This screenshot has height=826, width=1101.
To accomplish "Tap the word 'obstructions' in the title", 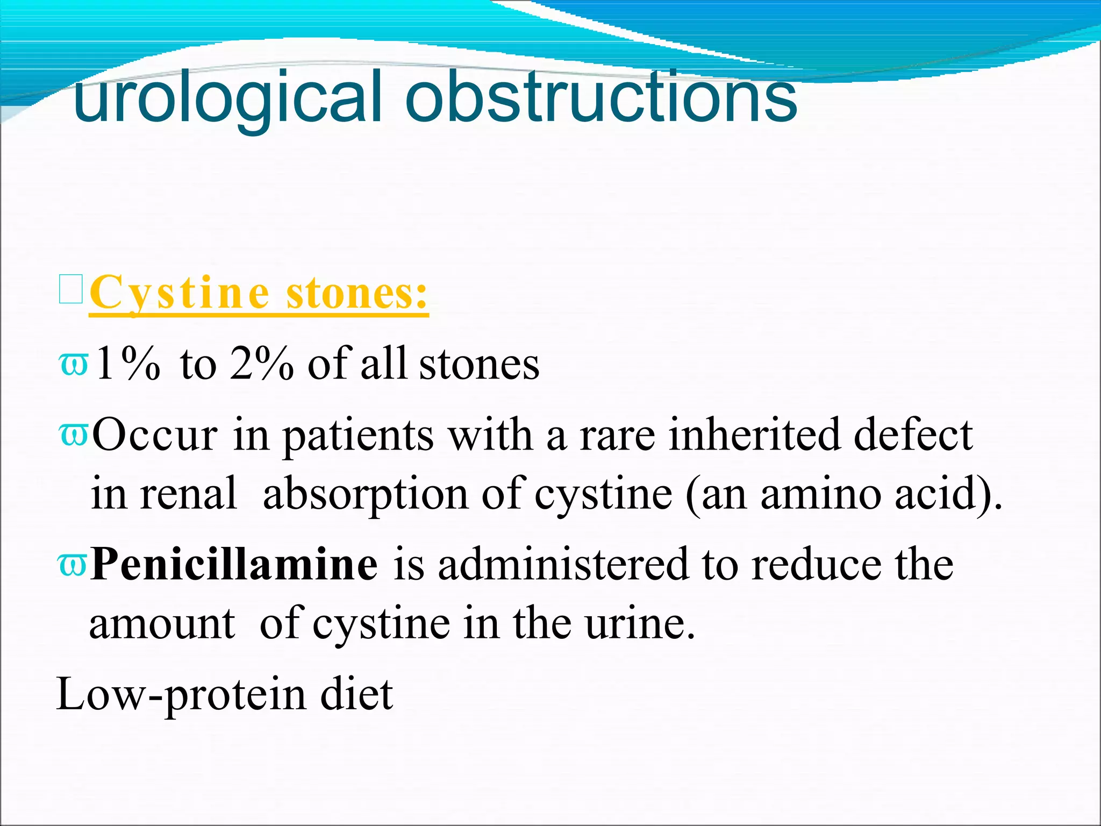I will (x=601, y=97).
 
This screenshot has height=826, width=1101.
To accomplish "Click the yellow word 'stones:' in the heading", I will (x=357, y=293).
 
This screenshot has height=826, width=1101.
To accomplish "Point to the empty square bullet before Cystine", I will (x=71, y=289).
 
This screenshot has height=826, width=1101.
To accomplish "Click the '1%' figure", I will (x=127, y=364).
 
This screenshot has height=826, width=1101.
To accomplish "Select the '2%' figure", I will (x=262, y=364).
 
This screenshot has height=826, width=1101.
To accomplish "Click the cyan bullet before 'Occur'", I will (x=73, y=435).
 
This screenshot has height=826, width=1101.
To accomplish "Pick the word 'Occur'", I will (x=155, y=435).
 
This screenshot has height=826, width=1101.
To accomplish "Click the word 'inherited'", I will (x=753, y=435).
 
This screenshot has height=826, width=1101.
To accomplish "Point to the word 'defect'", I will (x=913, y=435).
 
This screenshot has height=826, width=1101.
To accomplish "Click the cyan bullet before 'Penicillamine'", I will (x=72, y=565).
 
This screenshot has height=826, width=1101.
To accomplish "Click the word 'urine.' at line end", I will (x=640, y=624).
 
